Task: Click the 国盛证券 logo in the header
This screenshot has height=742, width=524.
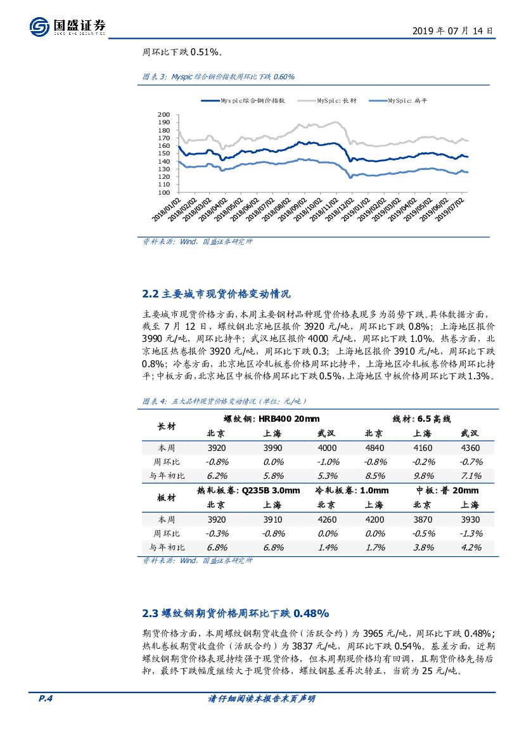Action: coord(68,26)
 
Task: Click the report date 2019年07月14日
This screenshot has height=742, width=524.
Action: coord(452,30)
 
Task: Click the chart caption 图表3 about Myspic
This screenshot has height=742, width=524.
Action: coord(219,77)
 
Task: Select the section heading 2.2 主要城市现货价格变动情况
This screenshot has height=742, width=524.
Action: coord(216,294)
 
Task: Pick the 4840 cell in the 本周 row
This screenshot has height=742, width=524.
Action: coord(374,448)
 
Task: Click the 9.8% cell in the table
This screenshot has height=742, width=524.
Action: coord(422,476)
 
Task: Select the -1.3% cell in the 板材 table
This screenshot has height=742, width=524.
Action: coord(470,533)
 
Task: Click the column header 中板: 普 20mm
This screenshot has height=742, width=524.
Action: coord(447,490)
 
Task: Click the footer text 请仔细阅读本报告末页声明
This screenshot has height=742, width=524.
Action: coord(262,699)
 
